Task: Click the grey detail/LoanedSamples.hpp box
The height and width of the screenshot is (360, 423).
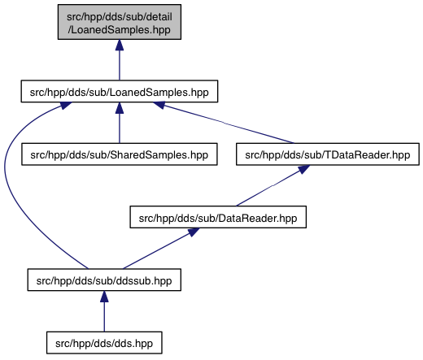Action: pyautogui.click(x=120, y=22)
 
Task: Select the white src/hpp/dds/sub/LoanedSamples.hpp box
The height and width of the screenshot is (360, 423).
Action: pyautogui.click(x=120, y=91)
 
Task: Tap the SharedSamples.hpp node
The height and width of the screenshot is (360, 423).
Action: pyautogui.click(x=120, y=154)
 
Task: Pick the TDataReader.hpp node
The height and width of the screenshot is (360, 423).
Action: pyautogui.click(x=328, y=154)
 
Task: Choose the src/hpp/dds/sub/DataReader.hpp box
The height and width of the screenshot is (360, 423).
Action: pyautogui.click(x=218, y=217)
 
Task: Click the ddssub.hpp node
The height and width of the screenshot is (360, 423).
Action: pyautogui.click(x=104, y=280)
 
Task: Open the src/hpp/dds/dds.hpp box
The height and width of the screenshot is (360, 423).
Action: pyautogui.click(x=104, y=343)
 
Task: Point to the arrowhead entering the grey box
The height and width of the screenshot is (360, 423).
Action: pyautogui.click(x=120, y=45)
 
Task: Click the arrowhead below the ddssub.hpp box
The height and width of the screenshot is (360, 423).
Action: pyautogui.click(x=104, y=297)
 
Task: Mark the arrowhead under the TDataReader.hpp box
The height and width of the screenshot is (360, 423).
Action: pyautogui.click(x=303, y=169)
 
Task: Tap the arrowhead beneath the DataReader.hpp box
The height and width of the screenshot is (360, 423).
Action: pyautogui.click(x=194, y=232)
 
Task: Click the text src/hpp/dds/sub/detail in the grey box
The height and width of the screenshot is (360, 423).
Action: pyautogui.click(x=120, y=16)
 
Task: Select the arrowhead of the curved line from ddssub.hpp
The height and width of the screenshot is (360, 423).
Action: pyautogui.click(x=65, y=105)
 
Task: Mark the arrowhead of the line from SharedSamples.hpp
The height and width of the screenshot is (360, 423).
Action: pyautogui.click(x=120, y=108)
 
